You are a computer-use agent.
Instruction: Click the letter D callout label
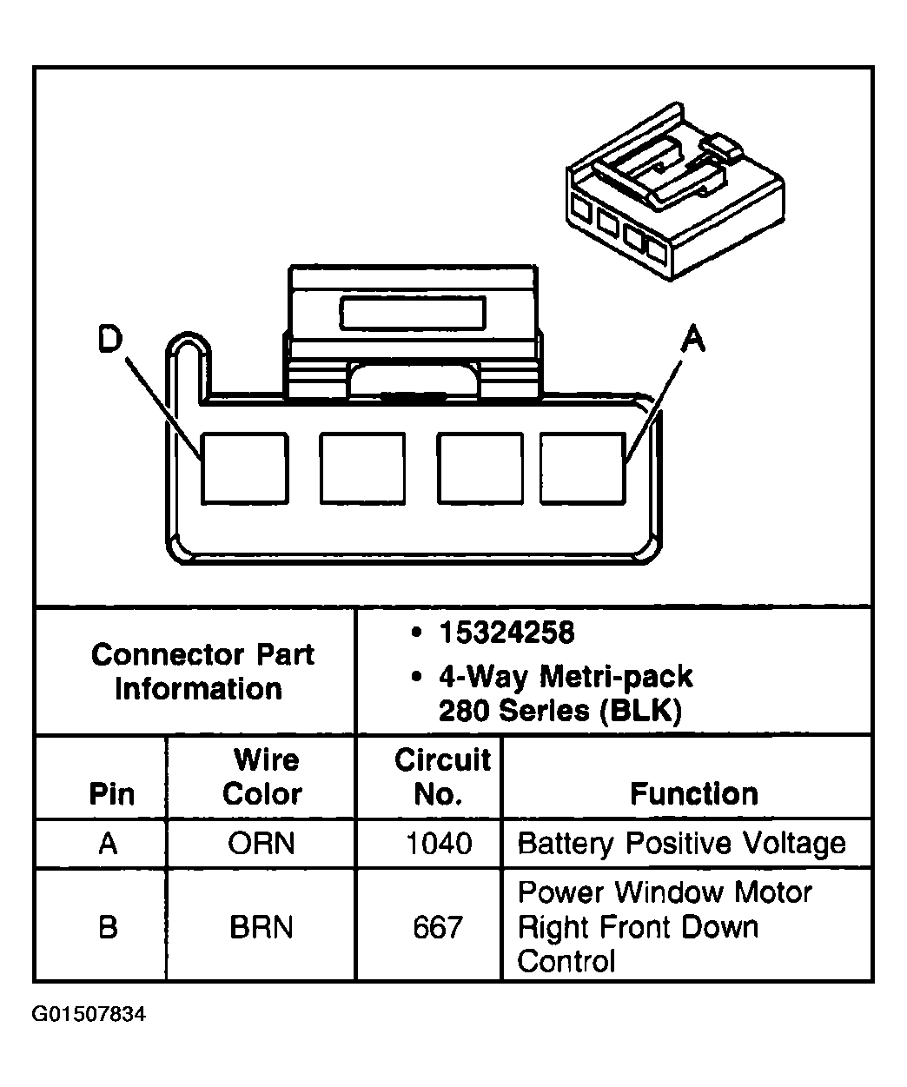[x=109, y=339]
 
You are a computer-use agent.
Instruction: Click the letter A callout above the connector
[x=693, y=338]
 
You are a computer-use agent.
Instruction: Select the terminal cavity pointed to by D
[x=245, y=468]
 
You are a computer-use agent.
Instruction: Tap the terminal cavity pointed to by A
[x=583, y=468]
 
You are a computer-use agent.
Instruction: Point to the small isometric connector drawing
[x=675, y=191]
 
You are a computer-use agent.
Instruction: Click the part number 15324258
[x=506, y=633]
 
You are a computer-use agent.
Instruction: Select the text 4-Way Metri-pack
[x=566, y=677]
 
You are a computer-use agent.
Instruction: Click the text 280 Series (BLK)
[x=560, y=711]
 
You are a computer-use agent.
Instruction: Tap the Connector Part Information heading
[x=202, y=672]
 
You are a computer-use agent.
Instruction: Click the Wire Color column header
[x=263, y=776]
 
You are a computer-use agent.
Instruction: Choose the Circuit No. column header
[x=442, y=776]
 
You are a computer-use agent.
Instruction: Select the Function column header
[x=694, y=793]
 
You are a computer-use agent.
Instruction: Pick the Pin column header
[x=111, y=794]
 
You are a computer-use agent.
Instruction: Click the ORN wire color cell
[x=262, y=843]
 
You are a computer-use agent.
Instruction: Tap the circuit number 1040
[x=439, y=843]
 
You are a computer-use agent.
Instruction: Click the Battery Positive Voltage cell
[x=681, y=844]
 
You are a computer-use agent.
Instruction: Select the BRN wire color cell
[x=262, y=927]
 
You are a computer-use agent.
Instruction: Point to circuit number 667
[x=438, y=927]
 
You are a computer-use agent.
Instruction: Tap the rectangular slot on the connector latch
[x=413, y=313]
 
